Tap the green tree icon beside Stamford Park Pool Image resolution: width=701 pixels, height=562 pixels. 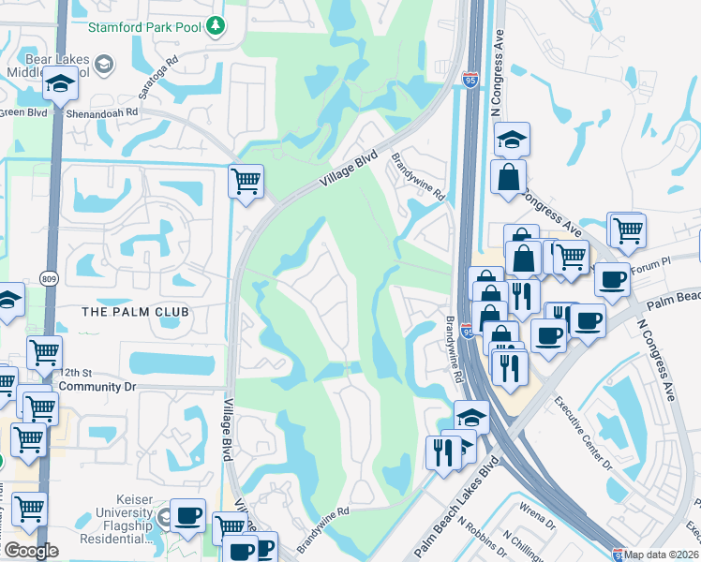[x=216, y=23]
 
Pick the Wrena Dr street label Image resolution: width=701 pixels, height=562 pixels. [x=538, y=512]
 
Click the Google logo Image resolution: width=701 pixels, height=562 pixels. [x=31, y=551]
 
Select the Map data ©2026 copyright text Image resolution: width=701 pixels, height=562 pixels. [x=662, y=555]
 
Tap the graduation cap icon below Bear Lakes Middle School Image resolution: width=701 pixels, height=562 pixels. [x=60, y=85]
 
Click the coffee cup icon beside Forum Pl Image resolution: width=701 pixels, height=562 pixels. [x=612, y=278]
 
